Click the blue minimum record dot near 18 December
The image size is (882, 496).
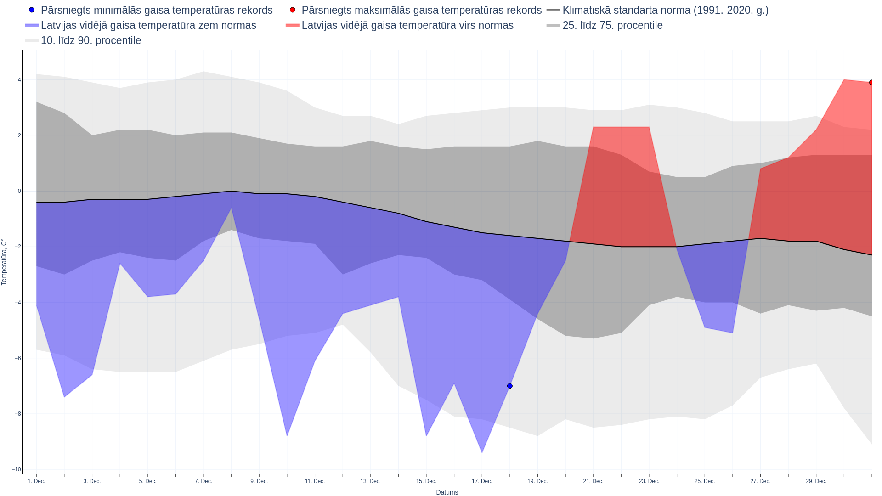(x=509, y=386)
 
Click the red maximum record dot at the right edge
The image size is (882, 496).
(x=871, y=83)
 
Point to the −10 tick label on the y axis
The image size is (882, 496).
(x=17, y=469)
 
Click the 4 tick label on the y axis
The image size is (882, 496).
(x=19, y=80)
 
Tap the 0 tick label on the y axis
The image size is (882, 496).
(x=19, y=191)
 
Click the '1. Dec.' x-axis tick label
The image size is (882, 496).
(x=36, y=481)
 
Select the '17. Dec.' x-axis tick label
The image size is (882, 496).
(x=481, y=481)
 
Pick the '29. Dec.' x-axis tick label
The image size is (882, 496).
(x=816, y=481)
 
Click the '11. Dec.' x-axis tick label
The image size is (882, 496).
(x=315, y=481)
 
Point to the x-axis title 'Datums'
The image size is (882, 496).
(x=447, y=492)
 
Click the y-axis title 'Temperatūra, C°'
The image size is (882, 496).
(x=4, y=262)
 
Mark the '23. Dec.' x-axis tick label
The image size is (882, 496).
(x=649, y=481)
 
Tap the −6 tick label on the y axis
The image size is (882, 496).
(x=17, y=358)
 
